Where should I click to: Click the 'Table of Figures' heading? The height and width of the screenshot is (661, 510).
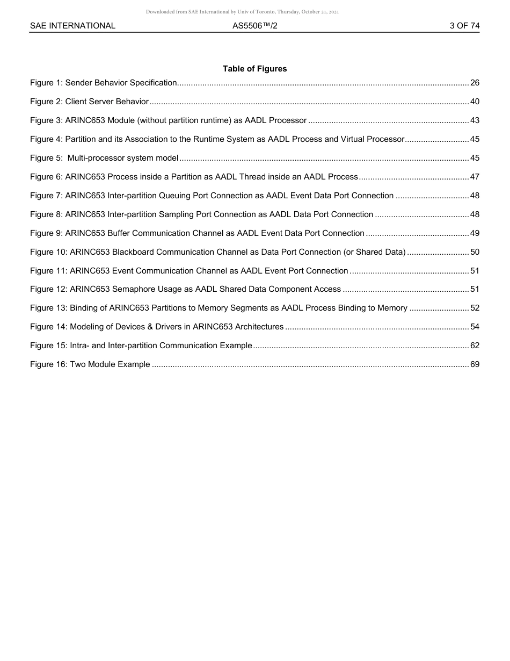[254, 69]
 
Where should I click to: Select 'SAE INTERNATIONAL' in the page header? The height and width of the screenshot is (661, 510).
[72, 26]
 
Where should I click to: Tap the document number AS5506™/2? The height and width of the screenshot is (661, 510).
[254, 26]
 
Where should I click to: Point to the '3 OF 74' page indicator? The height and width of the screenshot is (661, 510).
[464, 26]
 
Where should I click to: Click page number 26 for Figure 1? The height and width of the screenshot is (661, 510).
[475, 83]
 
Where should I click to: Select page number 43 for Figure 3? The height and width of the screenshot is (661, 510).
[475, 120]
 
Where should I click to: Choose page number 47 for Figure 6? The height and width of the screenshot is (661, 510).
[475, 177]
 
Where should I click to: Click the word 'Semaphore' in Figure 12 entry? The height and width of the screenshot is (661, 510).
[134, 289]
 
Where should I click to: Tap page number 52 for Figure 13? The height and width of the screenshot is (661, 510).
[475, 308]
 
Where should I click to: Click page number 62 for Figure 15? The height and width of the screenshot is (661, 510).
[475, 346]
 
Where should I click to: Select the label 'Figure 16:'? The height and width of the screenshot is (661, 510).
[49, 364]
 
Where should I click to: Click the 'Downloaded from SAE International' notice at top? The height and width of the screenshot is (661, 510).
[242, 12]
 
